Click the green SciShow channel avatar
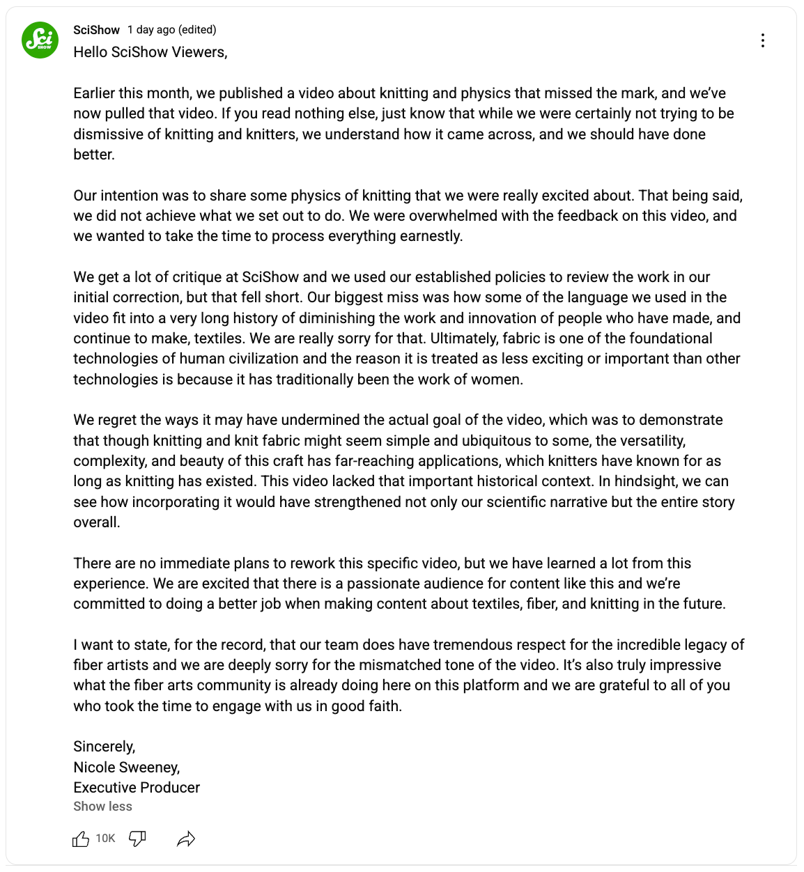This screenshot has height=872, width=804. pyautogui.click(x=40, y=40)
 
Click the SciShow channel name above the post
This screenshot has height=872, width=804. pyautogui.click(x=96, y=30)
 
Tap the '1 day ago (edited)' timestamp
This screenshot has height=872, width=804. pyautogui.click(x=172, y=30)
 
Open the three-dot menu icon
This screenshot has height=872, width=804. pyautogui.click(x=763, y=40)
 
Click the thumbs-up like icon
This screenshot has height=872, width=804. pyautogui.click(x=81, y=839)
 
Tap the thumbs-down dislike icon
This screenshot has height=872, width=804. pyautogui.click(x=137, y=839)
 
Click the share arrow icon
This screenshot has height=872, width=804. pyautogui.click(x=186, y=839)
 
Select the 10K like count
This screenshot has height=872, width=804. pyautogui.click(x=105, y=839)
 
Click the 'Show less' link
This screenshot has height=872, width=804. pyautogui.click(x=102, y=807)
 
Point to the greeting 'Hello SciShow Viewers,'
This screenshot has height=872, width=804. pyautogui.click(x=150, y=52)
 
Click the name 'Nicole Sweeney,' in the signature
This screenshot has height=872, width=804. pyautogui.click(x=127, y=768)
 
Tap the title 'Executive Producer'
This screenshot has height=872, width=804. pyautogui.click(x=137, y=788)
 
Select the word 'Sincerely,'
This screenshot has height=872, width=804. pyautogui.click(x=105, y=747)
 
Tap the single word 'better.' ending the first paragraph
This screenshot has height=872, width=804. pyautogui.click(x=94, y=155)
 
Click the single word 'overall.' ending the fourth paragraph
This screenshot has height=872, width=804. pyautogui.click(x=97, y=522)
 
